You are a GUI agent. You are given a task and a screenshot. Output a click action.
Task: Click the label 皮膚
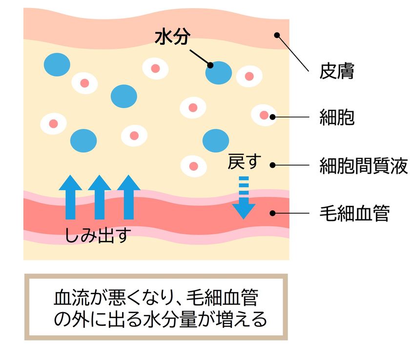coord(337,71)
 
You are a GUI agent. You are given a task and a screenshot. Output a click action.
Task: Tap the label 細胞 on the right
coord(337,117)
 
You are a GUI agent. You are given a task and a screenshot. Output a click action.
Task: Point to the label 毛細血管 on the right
coord(354,214)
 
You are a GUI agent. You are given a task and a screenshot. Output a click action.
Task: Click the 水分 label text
coord(172,37)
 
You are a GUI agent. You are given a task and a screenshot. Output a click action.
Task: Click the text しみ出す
coord(98,235)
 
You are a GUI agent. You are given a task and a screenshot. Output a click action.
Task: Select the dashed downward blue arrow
coord(244,198)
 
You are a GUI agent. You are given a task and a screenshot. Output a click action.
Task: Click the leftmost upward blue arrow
coord(70,197)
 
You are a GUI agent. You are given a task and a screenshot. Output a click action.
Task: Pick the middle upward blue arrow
coord(100,197)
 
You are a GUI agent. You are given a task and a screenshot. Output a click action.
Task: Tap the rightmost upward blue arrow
coord(128,197)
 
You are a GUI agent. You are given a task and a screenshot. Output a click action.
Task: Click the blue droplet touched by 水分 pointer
coord(219,73)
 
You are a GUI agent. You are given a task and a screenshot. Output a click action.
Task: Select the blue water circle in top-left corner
coord(57,64)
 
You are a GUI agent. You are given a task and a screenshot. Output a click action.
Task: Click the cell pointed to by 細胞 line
coord(264,115)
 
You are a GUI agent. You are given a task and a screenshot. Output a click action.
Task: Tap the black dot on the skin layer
coord(277,35)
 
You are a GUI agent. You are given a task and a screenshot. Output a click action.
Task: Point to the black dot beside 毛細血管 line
coord(272,213)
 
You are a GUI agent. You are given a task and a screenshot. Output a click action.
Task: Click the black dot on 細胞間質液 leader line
coord(272,165)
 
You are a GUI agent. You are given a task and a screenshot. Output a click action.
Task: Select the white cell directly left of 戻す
coord(193,166)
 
